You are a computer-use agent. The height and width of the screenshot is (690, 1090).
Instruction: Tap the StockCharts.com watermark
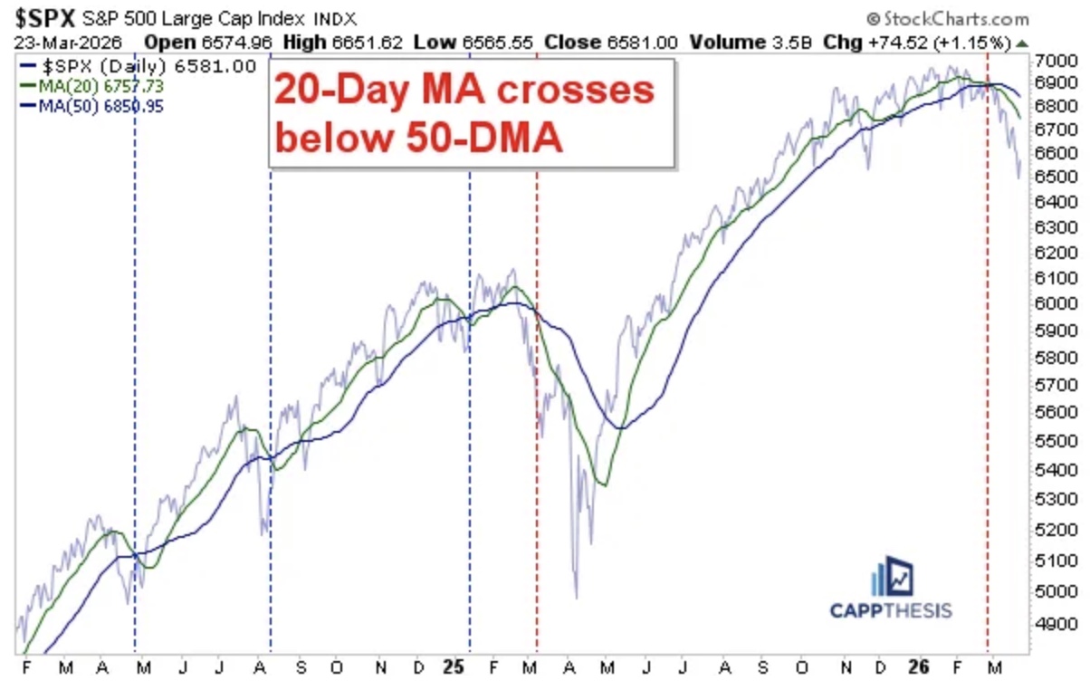tap(947, 19)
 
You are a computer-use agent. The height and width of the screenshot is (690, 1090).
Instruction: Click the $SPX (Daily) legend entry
tap(136, 66)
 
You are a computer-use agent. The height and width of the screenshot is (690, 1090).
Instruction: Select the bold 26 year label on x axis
tap(918, 666)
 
